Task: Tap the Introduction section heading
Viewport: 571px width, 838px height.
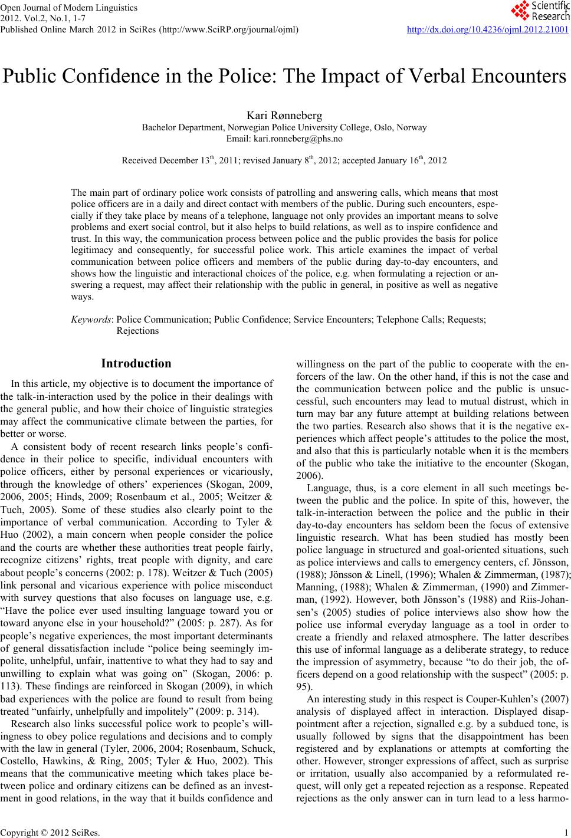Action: click(136, 363)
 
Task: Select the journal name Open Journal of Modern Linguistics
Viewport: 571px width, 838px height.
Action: click(69, 8)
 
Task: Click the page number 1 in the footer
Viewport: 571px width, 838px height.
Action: click(565, 833)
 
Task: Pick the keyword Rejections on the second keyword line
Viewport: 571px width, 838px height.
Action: click(138, 331)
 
